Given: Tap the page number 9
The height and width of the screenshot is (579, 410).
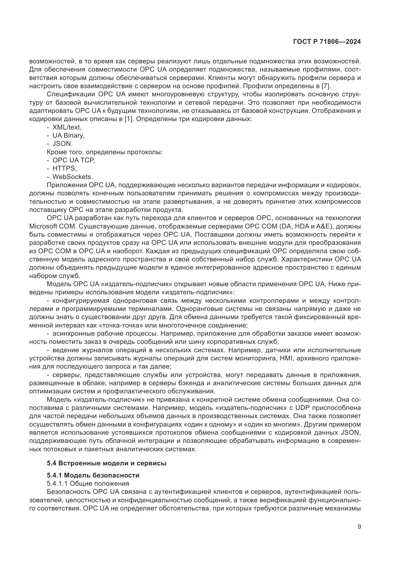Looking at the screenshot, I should coord(359,527).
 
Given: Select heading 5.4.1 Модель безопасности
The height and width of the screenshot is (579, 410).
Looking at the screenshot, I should coord(93,475).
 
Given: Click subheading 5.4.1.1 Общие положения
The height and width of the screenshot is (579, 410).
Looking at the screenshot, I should coord(88,483).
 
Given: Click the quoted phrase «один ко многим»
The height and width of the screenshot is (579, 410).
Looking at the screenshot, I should coord(272,424).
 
